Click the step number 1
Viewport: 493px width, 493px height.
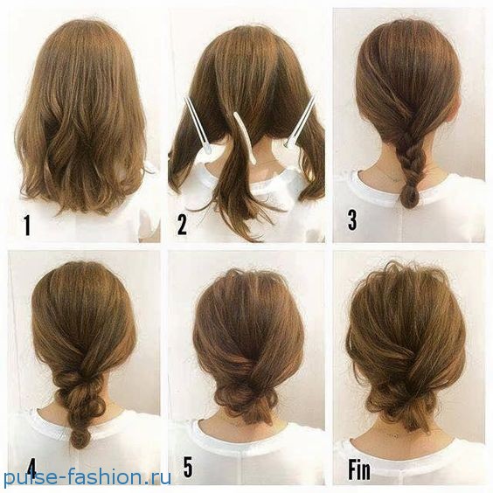(27, 225)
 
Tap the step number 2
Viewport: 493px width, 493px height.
(182, 224)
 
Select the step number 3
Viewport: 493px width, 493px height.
(352, 219)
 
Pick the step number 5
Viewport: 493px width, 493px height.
(188, 468)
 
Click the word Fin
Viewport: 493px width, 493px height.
(359, 469)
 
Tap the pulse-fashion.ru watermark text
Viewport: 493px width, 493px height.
(87, 477)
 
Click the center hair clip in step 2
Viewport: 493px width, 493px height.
(246, 138)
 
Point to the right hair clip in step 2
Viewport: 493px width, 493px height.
(300, 122)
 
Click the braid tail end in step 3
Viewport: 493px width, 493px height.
(409, 197)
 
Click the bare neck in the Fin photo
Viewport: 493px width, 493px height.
(397, 433)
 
